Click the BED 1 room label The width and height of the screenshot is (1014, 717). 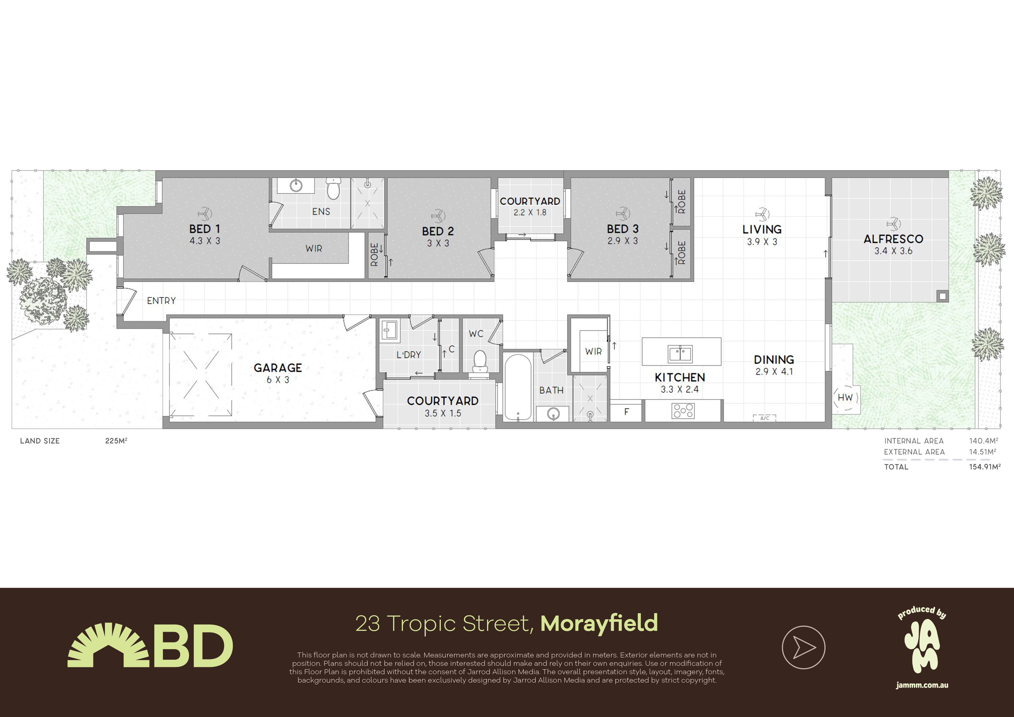[x=204, y=229]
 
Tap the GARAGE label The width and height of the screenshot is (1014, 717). [x=278, y=367]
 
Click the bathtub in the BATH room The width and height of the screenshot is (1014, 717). [x=518, y=387]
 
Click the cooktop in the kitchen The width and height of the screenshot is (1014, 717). [x=683, y=411]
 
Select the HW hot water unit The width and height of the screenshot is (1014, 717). [x=845, y=398]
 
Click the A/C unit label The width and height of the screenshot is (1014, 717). [x=765, y=418]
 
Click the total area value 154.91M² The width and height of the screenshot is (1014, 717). [x=985, y=467]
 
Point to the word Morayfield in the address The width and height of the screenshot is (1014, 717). [x=599, y=623]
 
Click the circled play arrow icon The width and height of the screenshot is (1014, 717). [x=803, y=647]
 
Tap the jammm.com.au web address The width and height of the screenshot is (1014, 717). [x=922, y=685]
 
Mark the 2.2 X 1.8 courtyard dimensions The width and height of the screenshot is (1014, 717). [x=530, y=212]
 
